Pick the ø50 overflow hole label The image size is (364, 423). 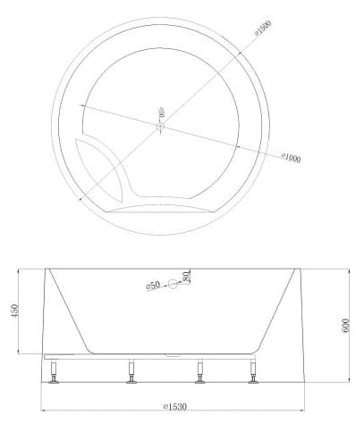(x=153, y=285)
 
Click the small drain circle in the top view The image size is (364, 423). (x=161, y=129)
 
